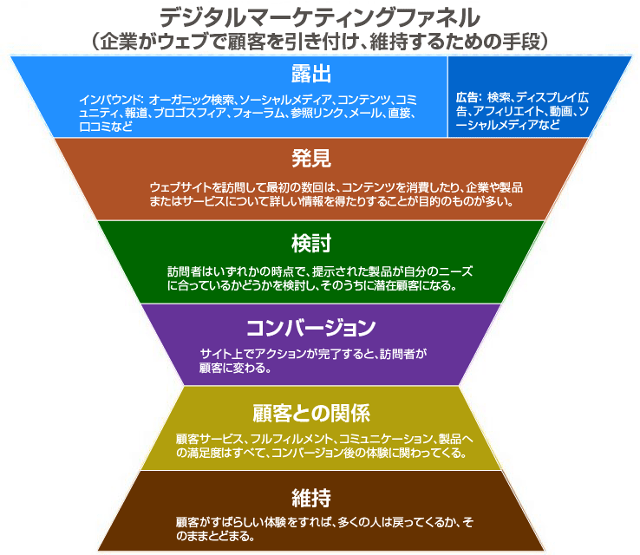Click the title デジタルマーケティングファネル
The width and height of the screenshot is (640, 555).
click(319, 16)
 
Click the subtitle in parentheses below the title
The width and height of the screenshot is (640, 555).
click(319, 40)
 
